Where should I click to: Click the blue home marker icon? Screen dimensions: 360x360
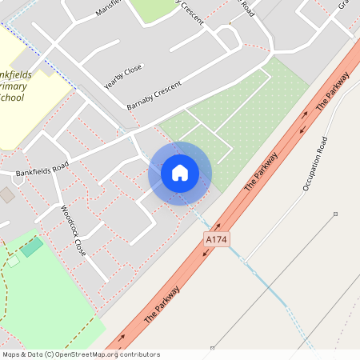(x=180, y=173)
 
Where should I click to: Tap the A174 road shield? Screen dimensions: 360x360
(x=216, y=239)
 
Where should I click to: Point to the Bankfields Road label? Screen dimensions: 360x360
(x=42, y=169)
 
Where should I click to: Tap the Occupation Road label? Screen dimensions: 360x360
(x=315, y=164)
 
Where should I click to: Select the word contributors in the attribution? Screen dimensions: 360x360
(x=139, y=354)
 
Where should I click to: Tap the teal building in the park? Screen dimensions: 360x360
(x=32, y=246)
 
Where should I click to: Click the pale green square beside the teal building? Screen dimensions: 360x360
(x=14, y=261)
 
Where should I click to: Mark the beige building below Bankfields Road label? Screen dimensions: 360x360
(x=6, y=194)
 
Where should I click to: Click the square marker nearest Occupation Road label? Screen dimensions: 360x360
(x=335, y=214)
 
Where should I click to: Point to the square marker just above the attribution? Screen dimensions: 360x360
(x=212, y=348)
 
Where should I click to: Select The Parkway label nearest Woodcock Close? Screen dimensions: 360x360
(x=162, y=304)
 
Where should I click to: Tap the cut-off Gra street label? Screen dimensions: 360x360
(x=344, y=5)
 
